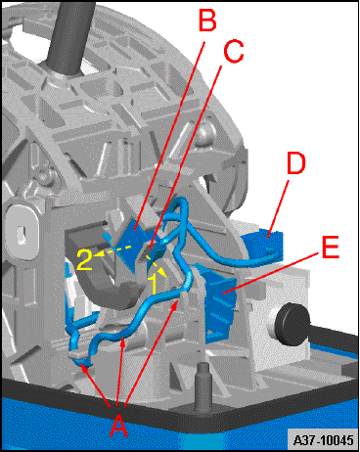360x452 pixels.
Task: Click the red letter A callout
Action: tap(118, 422)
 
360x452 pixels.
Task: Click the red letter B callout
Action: tap(207, 20)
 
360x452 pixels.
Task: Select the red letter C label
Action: tap(233, 50)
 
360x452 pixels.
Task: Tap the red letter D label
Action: tap(295, 162)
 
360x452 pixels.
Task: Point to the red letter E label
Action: tap(331, 246)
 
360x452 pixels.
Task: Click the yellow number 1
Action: tap(155, 284)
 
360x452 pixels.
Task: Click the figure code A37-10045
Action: tap(323, 440)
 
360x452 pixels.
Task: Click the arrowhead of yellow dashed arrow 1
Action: tap(162, 273)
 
